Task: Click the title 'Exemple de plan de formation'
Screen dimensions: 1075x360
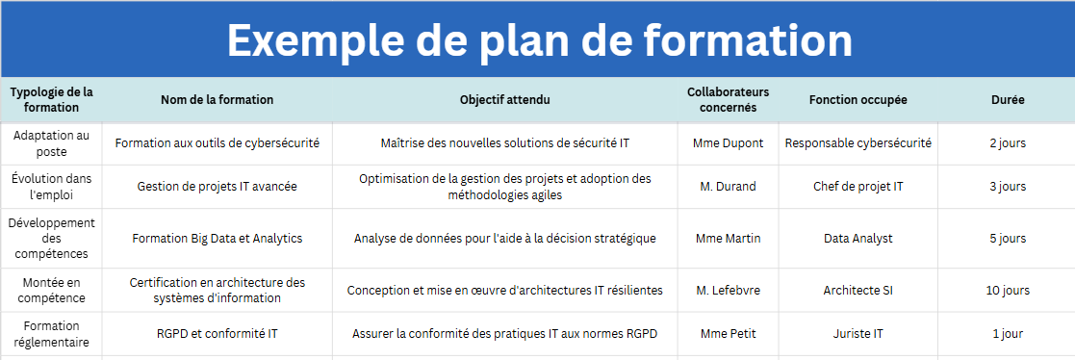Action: point(540,39)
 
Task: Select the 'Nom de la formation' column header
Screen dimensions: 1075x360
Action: point(217,99)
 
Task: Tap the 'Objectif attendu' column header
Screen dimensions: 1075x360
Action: point(504,99)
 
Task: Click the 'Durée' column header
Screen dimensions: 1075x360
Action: point(1008,99)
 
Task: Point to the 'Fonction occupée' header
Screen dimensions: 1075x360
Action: point(857,99)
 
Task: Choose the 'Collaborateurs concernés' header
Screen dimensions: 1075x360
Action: point(729,99)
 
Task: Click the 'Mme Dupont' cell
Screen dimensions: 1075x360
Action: point(729,143)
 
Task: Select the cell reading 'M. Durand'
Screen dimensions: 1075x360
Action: point(729,186)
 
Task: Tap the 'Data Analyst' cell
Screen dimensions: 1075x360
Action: point(857,238)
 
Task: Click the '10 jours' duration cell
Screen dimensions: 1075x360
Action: point(1008,290)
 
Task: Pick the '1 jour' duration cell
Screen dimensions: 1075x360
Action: point(1008,334)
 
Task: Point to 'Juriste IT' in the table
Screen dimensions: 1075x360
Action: point(857,334)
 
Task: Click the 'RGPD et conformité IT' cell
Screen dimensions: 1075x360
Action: point(217,334)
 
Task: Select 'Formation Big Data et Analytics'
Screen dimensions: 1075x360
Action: point(217,238)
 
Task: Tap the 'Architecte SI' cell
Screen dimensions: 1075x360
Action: point(857,290)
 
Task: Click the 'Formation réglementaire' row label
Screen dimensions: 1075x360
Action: point(51,333)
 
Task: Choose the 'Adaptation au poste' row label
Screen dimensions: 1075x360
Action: point(51,143)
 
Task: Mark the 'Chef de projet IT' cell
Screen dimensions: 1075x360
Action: point(857,186)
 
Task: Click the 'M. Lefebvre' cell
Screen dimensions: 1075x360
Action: point(729,290)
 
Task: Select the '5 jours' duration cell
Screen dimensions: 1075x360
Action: point(1008,238)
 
